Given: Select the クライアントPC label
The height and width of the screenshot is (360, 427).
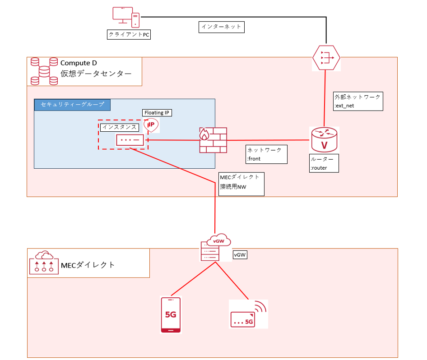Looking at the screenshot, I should click(x=129, y=35).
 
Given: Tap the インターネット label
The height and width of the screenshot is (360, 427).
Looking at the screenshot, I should click(x=221, y=27).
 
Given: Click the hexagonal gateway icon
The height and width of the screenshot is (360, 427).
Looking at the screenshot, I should click(x=326, y=57).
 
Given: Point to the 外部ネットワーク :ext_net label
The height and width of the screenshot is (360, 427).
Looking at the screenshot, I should click(x=358, y=102).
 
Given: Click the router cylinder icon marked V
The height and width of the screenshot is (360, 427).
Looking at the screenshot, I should click(x=324, y=139).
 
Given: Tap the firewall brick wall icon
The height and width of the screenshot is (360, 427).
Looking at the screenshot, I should click(x=213, y=140).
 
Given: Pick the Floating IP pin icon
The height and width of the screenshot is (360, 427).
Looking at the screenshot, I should click(x=151, y=125).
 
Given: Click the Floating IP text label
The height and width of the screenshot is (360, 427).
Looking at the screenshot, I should click(x=158, y=113).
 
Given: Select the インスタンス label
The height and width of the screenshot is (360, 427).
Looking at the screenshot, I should click(x=119, y=127).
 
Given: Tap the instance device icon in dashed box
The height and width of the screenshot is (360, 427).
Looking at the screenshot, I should click(x=130, y=140).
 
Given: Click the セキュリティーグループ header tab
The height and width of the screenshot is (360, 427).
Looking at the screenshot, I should click(x=72, y=105).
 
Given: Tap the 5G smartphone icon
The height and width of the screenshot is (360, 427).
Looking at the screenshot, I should click(x=171, y=314).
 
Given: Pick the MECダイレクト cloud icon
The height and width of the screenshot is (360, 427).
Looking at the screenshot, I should click(x=44, y=263).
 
